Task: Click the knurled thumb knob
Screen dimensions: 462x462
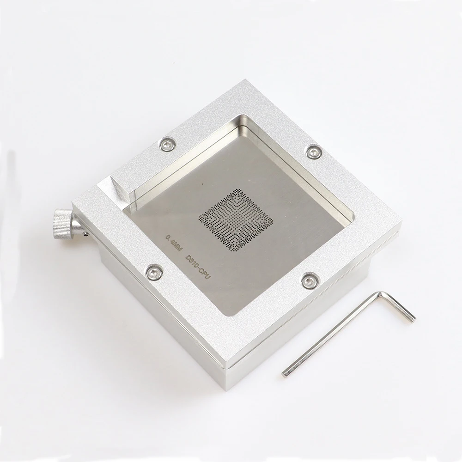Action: (62, 223)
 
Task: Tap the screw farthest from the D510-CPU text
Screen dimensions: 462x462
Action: (313, 152)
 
